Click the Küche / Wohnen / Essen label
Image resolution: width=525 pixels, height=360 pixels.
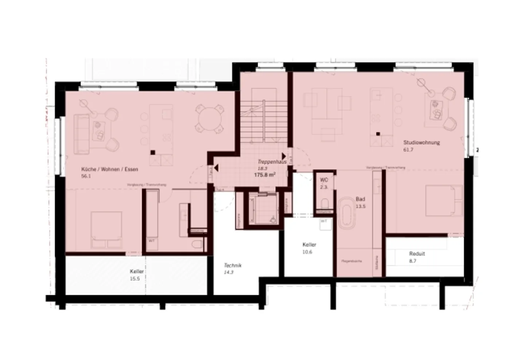coord(109,169)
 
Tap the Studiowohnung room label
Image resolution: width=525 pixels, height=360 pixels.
coord(421,143)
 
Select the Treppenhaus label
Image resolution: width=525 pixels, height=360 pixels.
coord(272,162)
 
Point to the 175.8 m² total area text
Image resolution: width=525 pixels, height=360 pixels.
coord(264,175)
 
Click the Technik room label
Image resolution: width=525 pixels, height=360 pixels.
coord(233,266)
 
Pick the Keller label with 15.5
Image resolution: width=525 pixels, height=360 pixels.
coord(136,271)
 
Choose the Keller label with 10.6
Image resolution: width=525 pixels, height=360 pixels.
coord(309,245)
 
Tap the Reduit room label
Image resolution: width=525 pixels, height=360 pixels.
coord(417,254)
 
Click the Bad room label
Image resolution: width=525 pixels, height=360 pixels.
coord(360,199)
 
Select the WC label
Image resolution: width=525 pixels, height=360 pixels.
coord(324,180)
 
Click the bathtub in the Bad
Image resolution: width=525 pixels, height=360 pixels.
coord(346,213)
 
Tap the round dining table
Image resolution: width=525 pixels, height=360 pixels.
coord(209,119)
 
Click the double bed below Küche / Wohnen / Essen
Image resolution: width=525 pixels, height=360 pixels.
coord(106,230)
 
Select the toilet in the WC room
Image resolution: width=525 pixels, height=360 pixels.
coord(324,203)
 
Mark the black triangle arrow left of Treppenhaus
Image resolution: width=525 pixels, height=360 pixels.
coord(216,168)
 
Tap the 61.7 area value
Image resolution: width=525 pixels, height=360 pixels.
coord(408,150)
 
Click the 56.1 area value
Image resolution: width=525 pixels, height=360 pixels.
coord(86,176)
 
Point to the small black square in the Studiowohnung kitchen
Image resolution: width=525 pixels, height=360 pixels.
coord(378,133)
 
